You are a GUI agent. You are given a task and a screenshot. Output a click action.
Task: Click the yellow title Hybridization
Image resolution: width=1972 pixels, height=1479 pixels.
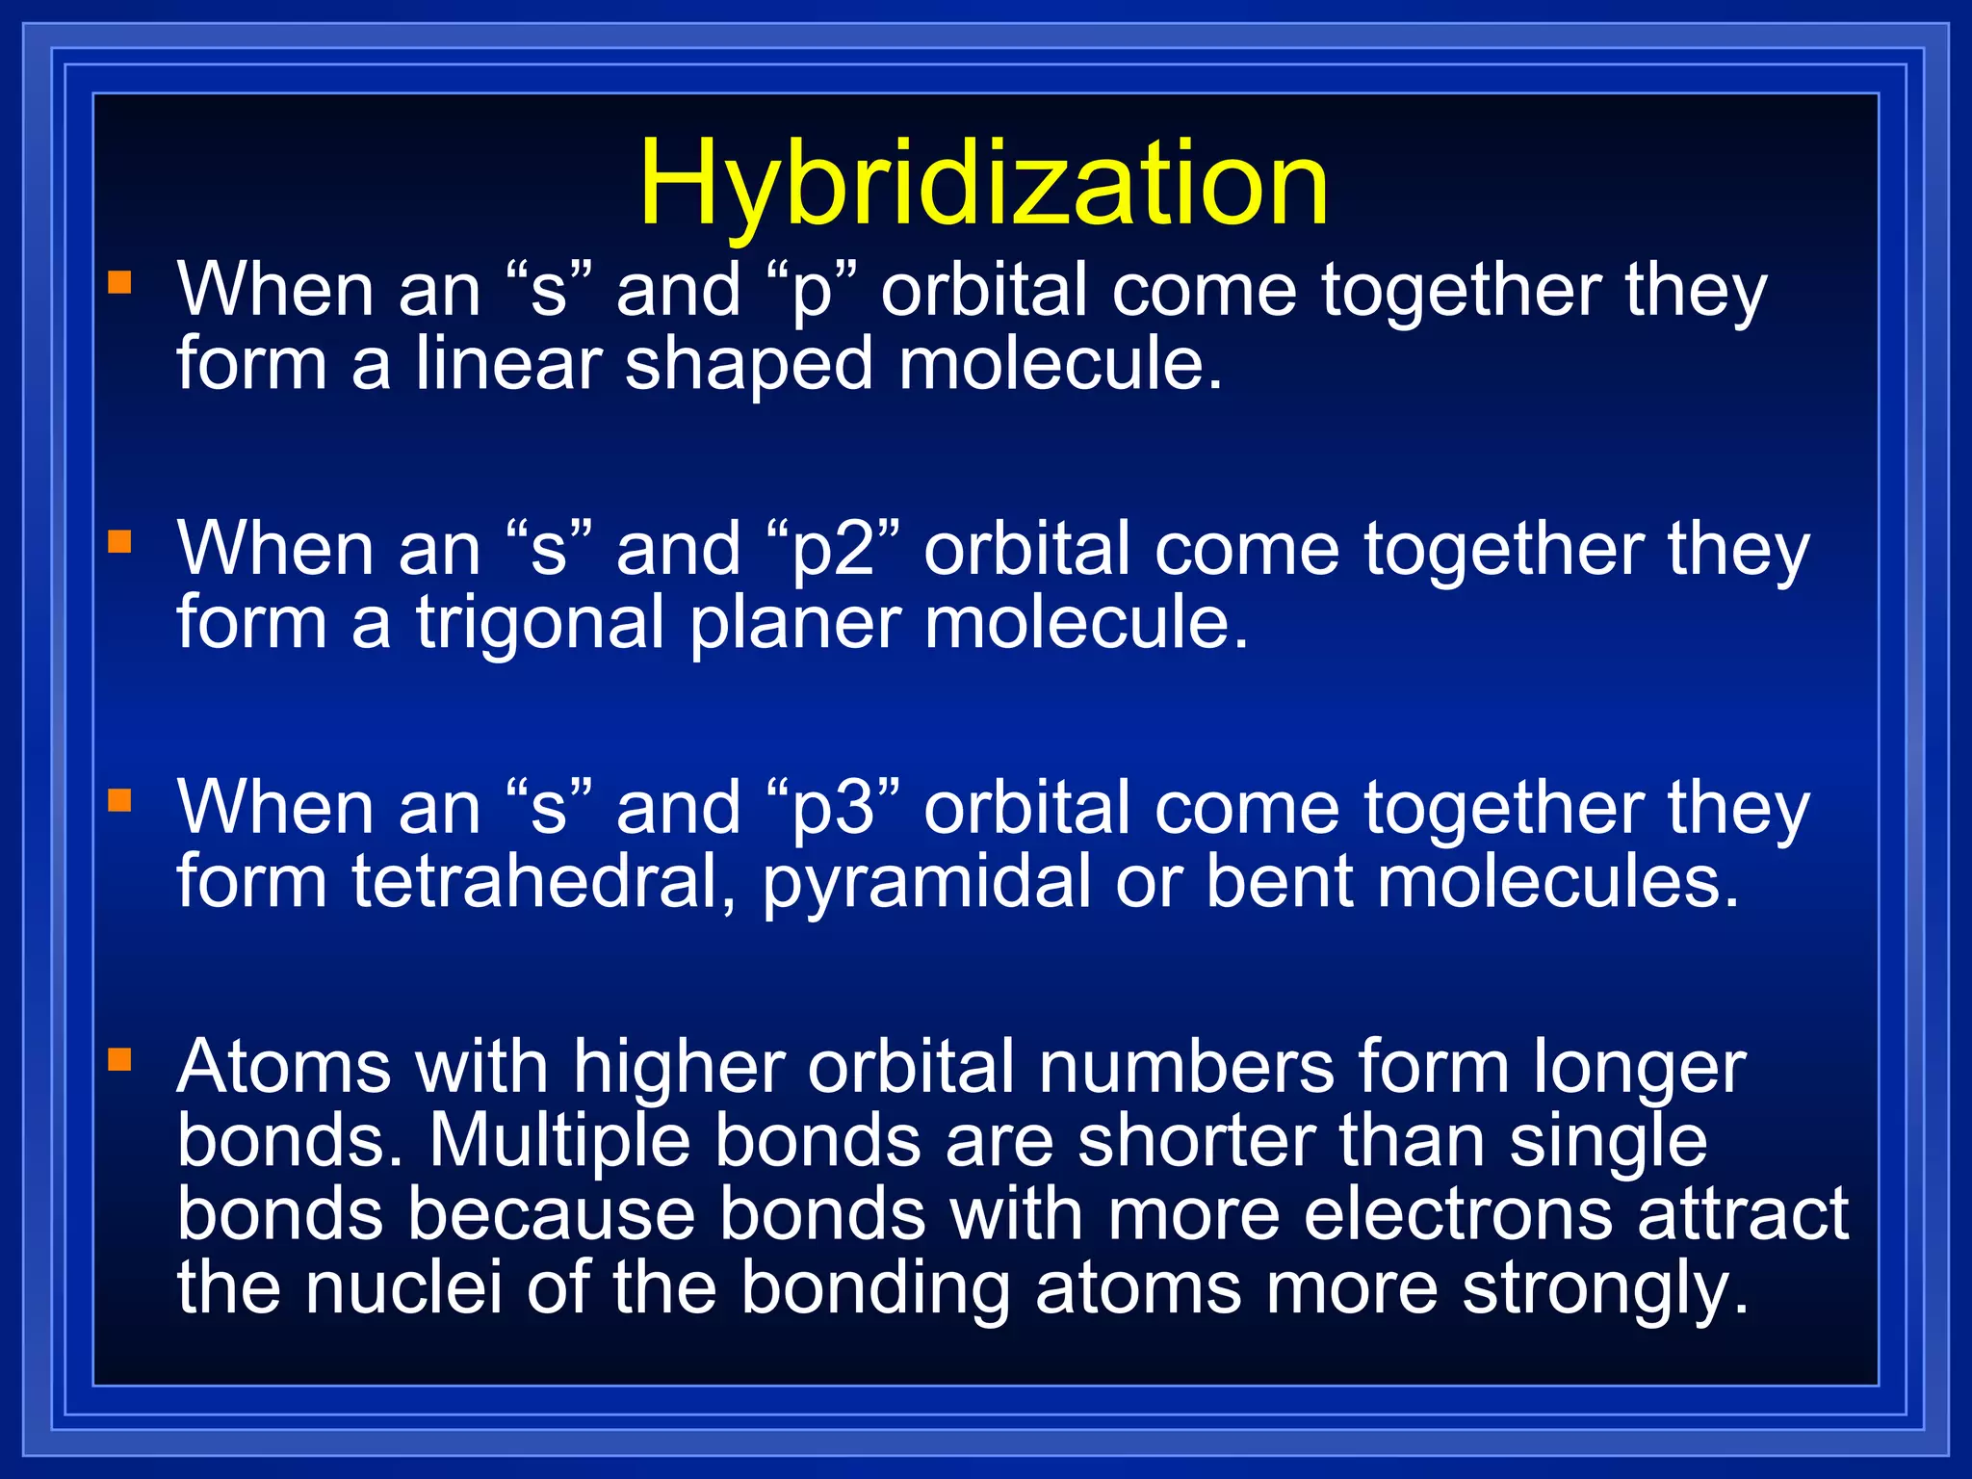[983, 183]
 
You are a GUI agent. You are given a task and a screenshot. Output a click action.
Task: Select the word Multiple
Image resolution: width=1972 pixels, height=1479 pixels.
[559, 1142]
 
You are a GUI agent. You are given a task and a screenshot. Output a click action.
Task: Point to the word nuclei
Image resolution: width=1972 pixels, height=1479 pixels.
[403, 1287]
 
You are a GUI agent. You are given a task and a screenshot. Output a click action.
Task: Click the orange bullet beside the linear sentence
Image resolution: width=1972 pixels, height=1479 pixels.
[119, 282]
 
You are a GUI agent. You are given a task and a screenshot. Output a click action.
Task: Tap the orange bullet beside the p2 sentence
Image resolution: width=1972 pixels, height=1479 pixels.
[119, 541]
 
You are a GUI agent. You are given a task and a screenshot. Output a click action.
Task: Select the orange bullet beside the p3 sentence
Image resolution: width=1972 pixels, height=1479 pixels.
[119, 800]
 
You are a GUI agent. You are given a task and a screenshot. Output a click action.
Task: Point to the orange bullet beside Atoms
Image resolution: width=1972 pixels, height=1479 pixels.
[119, 1059]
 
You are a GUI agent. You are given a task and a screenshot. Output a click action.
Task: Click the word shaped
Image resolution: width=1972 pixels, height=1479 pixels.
[748, 365]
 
